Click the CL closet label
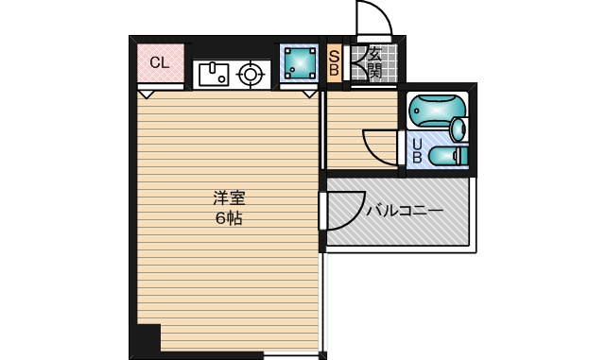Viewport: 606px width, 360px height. (x=160, y=62)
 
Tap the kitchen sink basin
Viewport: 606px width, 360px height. (x=214, y=75)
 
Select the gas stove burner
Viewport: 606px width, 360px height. (x=251, y=74)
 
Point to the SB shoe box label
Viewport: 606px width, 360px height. (x=334, y=63)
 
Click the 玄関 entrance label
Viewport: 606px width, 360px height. (x=374, y=63)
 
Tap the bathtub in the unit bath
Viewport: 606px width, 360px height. (x=437, y=111)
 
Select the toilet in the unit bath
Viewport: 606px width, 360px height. (x=449, y=156)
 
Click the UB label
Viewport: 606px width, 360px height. (x=417, y=150)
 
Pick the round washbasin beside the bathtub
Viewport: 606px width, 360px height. (x=459, y=129)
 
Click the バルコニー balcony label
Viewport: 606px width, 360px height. (x=405, y=211)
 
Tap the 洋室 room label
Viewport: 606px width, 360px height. (x=229, y=198)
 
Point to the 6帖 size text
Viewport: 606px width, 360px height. (x=229, y=218)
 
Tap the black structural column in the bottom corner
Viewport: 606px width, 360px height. (x=148, y=337)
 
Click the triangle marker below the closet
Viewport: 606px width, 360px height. (x=147, y=94)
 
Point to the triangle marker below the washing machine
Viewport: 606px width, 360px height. (x=309, y=94)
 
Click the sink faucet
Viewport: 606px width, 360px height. (x=212, y=68)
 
